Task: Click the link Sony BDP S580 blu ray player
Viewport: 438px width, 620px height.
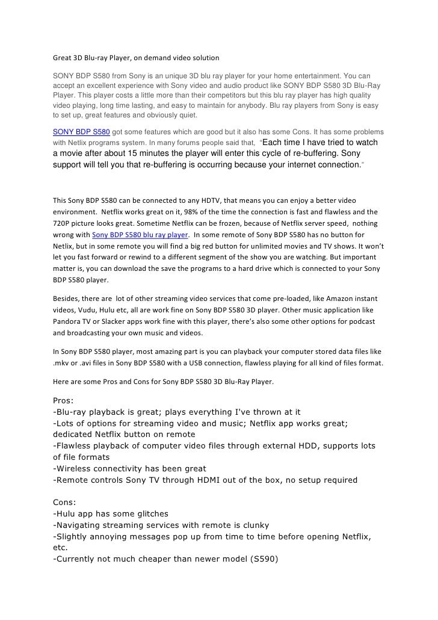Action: [x=140, y=235]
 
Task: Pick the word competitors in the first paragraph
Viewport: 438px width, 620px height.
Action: [x=215, y=95]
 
